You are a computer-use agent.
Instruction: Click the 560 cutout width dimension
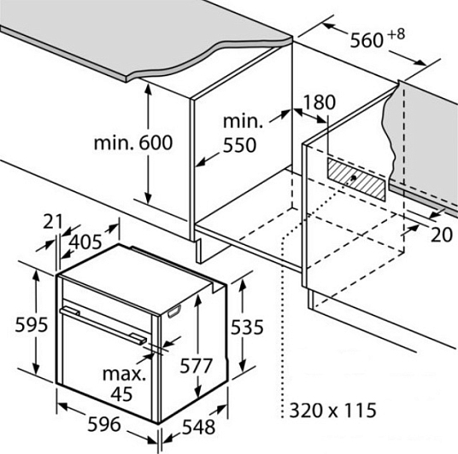point(367,40)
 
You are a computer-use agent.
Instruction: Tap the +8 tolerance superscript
point(396,34)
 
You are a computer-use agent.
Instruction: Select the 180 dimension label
point(320,102)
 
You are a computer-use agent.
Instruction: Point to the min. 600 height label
point(133,143)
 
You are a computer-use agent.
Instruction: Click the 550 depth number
point(239,145)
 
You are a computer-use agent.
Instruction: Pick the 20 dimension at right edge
point(442,235)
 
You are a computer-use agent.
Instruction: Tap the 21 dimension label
point(53,222)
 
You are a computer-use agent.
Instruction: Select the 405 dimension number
point(85,242)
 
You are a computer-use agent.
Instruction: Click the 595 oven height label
point(31,324)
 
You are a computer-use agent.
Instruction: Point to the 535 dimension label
point(247,327)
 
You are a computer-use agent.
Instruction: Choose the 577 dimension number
point(196,365)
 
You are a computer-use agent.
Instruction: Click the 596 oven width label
point(104,424)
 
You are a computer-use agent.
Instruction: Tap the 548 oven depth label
point(198,427)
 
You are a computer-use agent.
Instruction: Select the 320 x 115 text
point(332,410)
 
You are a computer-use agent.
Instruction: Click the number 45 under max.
point(121,394)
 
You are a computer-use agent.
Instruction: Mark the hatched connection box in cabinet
point(356,178)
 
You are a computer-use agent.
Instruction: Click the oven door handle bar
point(103,325)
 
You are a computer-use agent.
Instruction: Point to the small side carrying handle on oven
point(174,311)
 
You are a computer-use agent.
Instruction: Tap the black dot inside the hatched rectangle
point(354,178)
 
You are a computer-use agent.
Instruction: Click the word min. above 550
point(243,121)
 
